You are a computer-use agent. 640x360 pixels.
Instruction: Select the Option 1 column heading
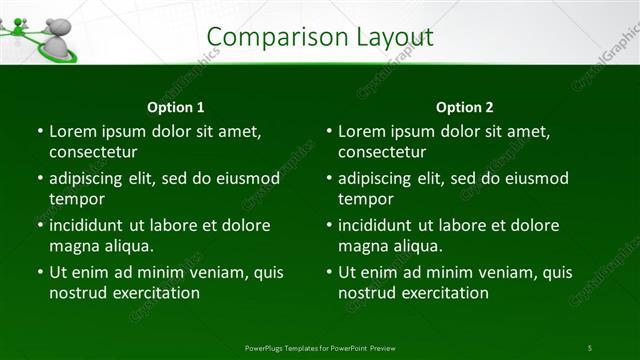[176, 107]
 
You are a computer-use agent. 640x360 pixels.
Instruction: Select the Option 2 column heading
[465, 107]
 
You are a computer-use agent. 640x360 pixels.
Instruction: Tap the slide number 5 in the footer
[590, 348]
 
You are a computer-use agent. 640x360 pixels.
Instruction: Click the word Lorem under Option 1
[71, 131]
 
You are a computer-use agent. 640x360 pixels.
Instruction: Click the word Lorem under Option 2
[360, 131]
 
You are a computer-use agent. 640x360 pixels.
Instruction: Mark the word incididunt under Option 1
[87, 225]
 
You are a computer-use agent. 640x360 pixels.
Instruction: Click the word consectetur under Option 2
[382, 152]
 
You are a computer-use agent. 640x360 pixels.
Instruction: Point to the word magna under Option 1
[71, 246]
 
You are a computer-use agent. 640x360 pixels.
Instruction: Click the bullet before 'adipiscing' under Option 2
[328, 179]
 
